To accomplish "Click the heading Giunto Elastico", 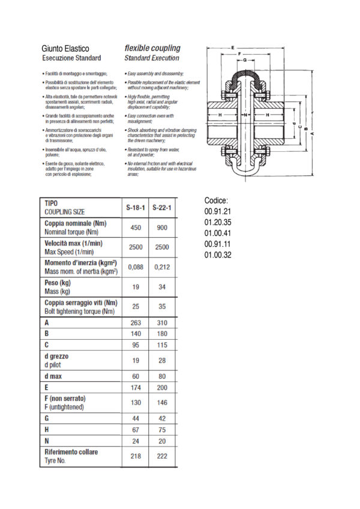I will tap(65, 48).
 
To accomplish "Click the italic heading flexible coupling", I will tap(152, 48).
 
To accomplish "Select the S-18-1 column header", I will tap(135, 208).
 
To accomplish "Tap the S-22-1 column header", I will tap(162, 208).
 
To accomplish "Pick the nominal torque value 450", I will tap(135, 227).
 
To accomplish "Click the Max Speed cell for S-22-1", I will tap(162, 247).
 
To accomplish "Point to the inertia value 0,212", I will tap(162, 267).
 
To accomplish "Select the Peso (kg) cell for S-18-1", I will tap(135, 287).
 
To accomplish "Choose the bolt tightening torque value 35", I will tap(162, 307).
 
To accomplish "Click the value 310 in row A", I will tap(162, 323).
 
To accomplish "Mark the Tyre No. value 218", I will tap(135, 456).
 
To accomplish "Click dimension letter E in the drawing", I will tap(232, 46).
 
